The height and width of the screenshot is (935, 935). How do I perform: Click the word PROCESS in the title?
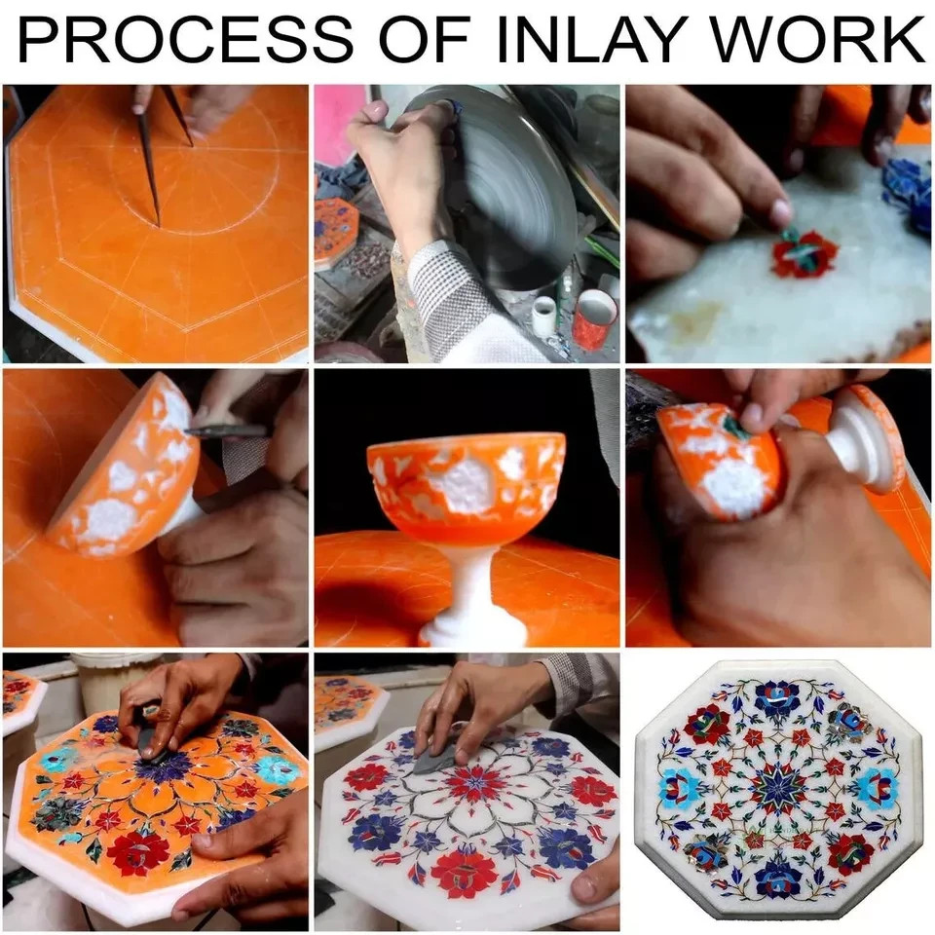coord(185,39)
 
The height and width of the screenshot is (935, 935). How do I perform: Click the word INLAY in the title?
coord(588,39)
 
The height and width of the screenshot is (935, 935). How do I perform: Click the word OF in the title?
coord(425,39)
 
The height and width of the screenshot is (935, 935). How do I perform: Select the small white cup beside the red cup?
coord(544,316)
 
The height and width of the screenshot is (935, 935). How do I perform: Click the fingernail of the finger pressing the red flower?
coord(781,211)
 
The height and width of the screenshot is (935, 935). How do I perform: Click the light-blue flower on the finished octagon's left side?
coord(680,788)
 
